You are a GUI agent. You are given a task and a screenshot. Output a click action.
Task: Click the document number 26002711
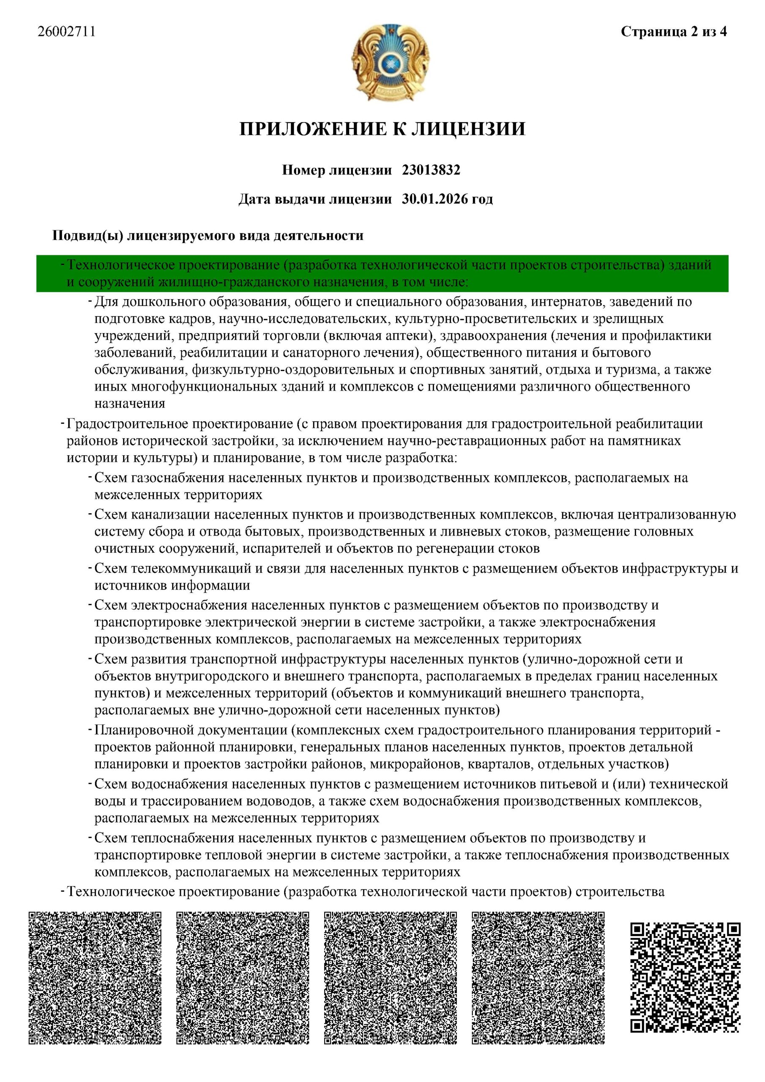click(x=67, y=32)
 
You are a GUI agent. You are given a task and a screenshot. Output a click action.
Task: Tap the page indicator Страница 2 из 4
click(x=674, y=32)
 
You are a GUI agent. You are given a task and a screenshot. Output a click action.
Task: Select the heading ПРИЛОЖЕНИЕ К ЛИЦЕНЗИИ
click(x=382, y=128)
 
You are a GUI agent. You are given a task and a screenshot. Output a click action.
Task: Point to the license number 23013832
click(x=431, y=170)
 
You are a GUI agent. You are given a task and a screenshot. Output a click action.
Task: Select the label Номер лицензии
click(x=336, y=170)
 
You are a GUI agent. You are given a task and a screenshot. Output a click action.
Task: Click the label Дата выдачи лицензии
click(x=315, y=199)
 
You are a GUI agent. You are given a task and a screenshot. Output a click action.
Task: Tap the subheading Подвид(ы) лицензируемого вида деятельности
click(x=208, y=235)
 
